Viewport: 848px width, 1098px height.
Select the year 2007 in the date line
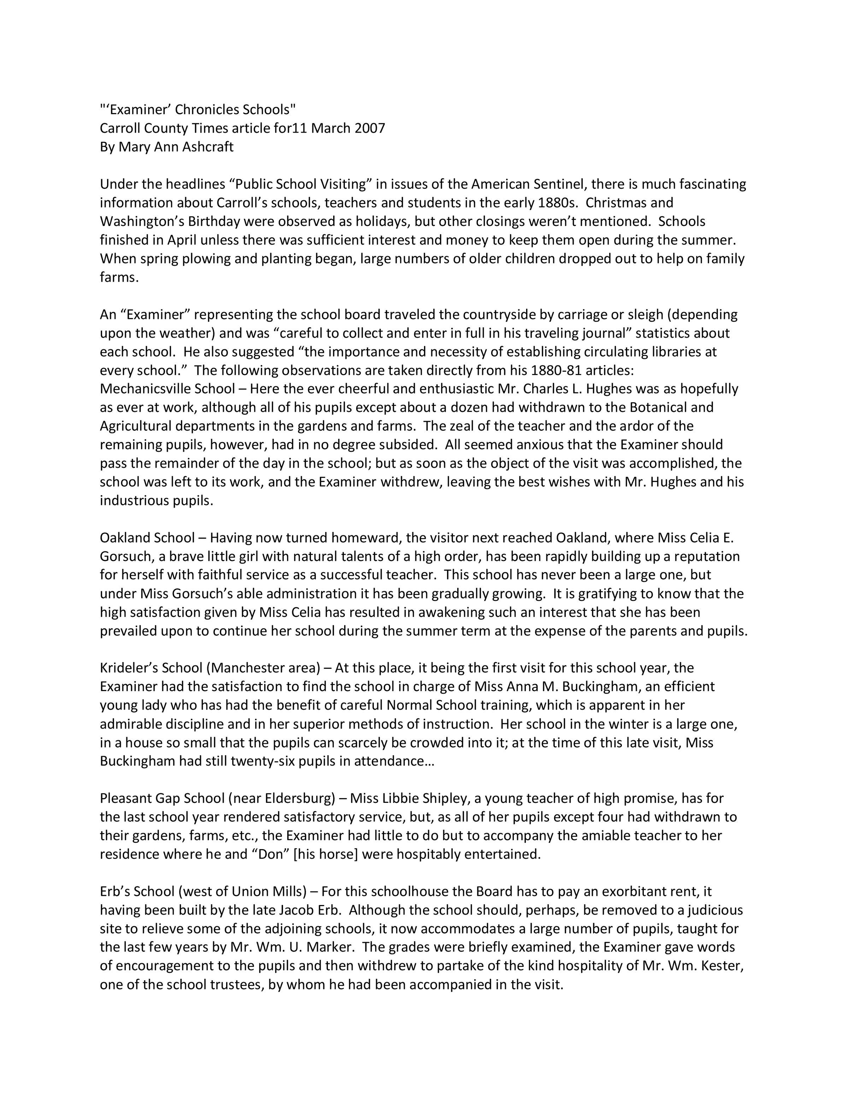[370, 128]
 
